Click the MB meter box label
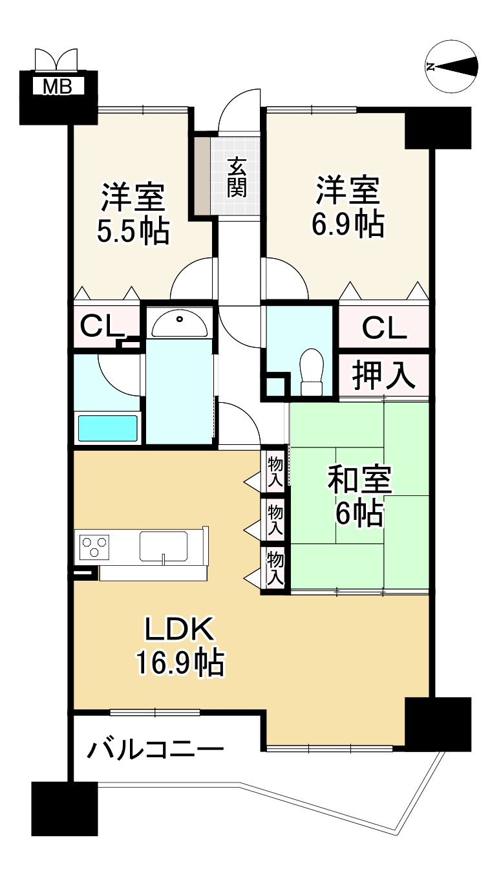(x=58, y=87)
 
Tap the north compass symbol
(x=452, y=66)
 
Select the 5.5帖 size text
(x=133, y=231)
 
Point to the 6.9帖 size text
(x=347, y=224)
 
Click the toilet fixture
(x=312, y=371)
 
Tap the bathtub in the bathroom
(x=108, y=428)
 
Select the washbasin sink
(x=180, y=322)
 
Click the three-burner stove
(x=94, y=547)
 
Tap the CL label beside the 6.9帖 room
(x=384, y=329)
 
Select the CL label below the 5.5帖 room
(x=102, y=326)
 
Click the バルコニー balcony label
(x=156, y=750)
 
